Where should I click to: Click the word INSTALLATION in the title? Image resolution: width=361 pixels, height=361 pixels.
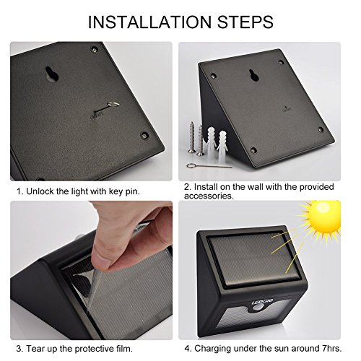click(149, 22)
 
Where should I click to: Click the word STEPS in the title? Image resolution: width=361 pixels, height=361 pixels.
click(245, 22)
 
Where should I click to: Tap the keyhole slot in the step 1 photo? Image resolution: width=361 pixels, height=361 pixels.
click(52, 74)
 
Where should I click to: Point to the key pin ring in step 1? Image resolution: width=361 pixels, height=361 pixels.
click(113, 105)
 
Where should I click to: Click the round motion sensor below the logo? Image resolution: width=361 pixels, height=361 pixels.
click(259, 308)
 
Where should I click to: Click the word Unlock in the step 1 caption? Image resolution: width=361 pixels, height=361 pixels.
click(40, 191)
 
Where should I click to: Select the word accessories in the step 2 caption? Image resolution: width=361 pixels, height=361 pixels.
click(209, 196)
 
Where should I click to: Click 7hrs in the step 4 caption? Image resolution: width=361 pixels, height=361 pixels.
click(332, 348)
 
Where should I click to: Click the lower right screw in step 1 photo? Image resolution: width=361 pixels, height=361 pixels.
click(144, 135)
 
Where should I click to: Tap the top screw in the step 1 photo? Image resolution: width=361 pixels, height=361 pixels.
click(95, 50)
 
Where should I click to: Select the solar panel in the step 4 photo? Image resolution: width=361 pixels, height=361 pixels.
click(254, 258)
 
